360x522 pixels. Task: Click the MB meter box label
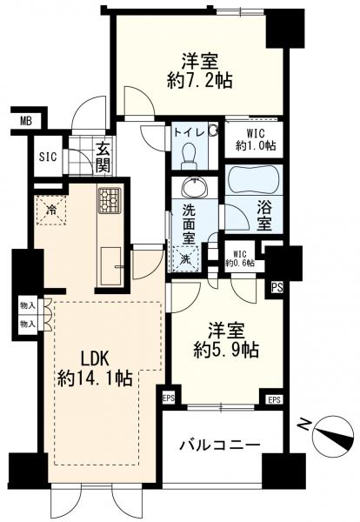pyautogui.click(x=25, y=122)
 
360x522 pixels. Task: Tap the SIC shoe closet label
pyautogui.click(x=48, y=157)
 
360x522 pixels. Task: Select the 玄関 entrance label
pyautogui.click(x=103, y=157)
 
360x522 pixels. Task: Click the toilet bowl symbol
pyautogui.click(x=189, y=155)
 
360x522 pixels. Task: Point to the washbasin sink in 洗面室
pyautogui.click(x=195, y=188)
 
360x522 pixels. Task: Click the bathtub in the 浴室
pyautogui.click(x=254, y=179)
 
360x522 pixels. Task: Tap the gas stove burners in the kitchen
pyautogui.click(x=109, y=199)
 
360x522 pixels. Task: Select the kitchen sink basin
pyautogui.click(x=111, y=266)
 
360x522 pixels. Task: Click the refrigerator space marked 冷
pyautogui.click(x=51, y=211)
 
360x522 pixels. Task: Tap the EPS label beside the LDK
pyautogui.click(x=169, y=398)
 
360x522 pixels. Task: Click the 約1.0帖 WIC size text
pyautogui.click(x=256, y=145)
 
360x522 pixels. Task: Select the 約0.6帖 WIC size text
pyautogui.click(x=240, y=263)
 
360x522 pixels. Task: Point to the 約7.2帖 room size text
pyautogui.click(x=199, y=80)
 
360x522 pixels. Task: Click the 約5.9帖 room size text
pyautogui.click(x=226, y=349)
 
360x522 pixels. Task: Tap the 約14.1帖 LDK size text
pyautogui.click(x=95, y=378)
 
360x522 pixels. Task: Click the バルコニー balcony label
pyautogui.click(x=220, y=445)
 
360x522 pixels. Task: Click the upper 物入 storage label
pyautogui.click(x=28, y=306)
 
